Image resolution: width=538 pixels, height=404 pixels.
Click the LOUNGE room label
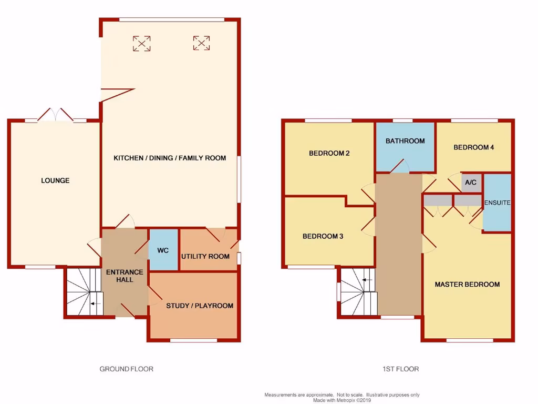click(x=55, y=180)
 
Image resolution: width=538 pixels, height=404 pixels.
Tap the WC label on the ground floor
click(x=163, y=250)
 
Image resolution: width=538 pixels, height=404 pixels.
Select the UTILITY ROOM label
click(x=205, y=257)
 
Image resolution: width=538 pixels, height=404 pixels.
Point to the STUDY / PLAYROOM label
click(x=200, y=306)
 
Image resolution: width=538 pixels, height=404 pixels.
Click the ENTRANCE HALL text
click(x=125, y=276)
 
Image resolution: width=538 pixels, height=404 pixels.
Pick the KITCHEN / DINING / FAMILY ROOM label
click(x=170, y=158)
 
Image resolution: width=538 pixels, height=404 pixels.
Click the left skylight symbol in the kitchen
click(x=141, y=43)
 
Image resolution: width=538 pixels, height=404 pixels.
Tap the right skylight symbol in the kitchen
click(x=201, y=43)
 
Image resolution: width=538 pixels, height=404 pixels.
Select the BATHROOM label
click(x=405, y=141)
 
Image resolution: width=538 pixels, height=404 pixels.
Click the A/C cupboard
click(x=471, y=183)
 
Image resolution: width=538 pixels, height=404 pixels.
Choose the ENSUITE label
click(x=497, y=203)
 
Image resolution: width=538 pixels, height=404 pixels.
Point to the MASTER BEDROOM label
click(x=467, y=285)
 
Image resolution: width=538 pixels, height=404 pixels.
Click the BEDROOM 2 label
click(x=329, y=154)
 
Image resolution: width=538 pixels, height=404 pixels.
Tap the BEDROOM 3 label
click(x=323, y=237)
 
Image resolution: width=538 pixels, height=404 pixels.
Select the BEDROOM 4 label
click(x=474, y=147)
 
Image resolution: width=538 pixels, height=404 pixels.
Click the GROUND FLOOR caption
click(x=127, y=369)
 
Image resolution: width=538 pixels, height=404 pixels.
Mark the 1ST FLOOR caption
click(x=401, y=369)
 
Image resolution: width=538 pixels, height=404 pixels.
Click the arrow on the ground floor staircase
click(x=95, y=304)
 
